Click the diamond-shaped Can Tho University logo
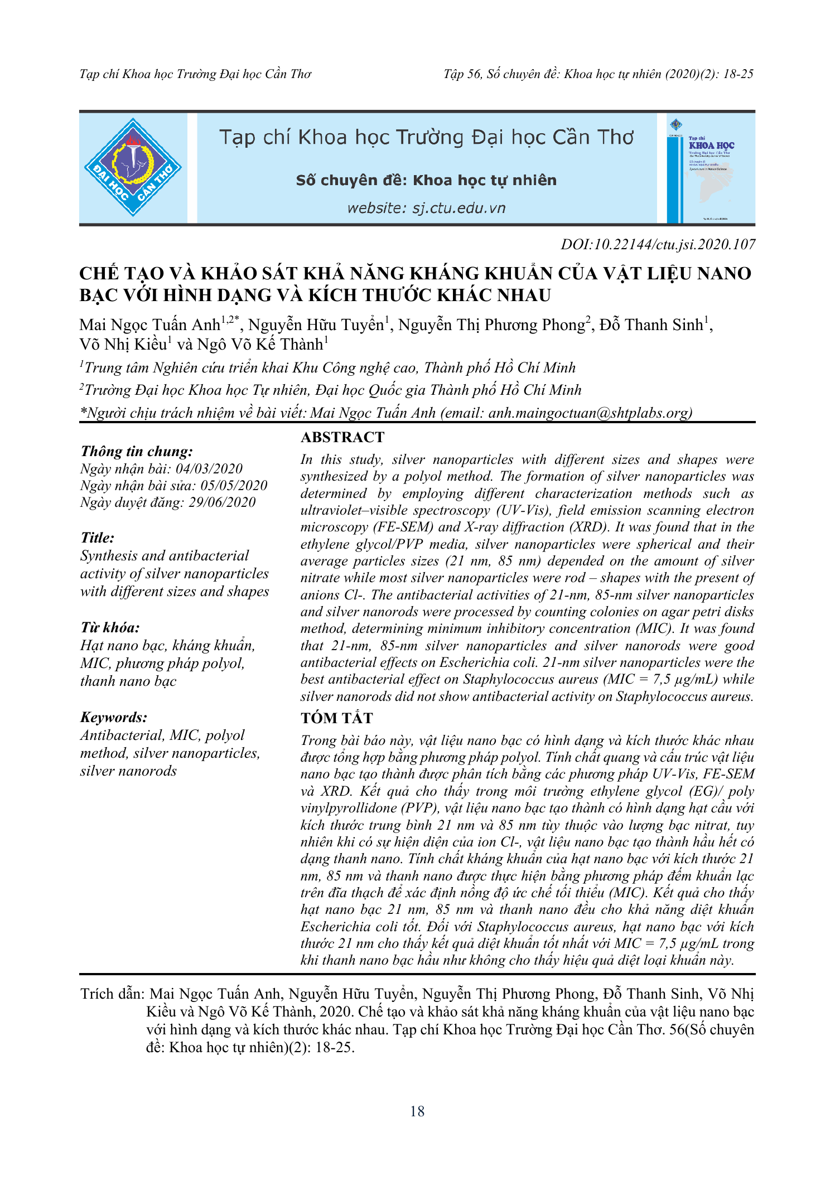point(133,167)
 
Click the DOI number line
point(658,244)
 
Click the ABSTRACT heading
point(342,437)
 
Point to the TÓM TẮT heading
point(336,718)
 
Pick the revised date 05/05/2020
point(234,485)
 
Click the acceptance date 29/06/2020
point(222,502)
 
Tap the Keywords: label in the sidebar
point(114,717)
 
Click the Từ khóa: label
point(110,627)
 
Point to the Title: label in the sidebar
point(98,538)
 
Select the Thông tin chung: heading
point(137,451)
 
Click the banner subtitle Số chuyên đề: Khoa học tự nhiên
point(426,180)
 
